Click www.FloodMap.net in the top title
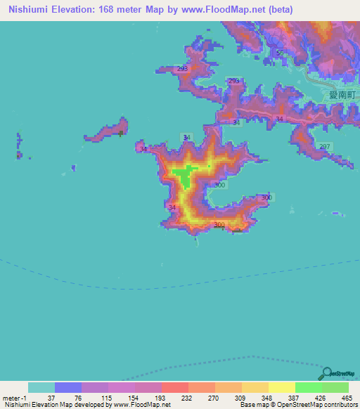pos(224,10)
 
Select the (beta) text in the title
pos(277,10)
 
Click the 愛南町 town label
pos(340,93)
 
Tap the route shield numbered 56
pos(280,53)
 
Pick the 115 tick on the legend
pos(107,397)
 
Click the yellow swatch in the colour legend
pos(281,387)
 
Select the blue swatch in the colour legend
pos(68,387)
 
